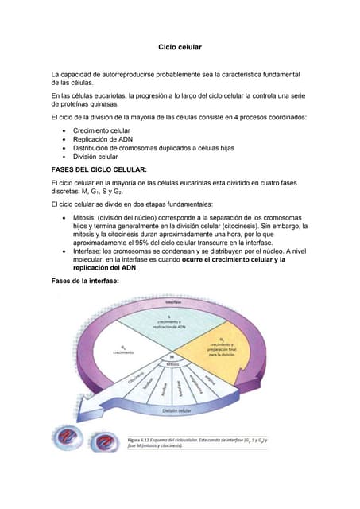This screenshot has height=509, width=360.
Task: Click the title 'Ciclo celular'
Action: click(x=180, y=48)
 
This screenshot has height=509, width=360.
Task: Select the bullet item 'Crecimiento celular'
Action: click(x=101, y=130)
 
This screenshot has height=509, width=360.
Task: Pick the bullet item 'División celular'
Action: click(x=95, y=157)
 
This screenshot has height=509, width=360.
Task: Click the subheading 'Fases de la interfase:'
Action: click(x=84, y=282)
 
